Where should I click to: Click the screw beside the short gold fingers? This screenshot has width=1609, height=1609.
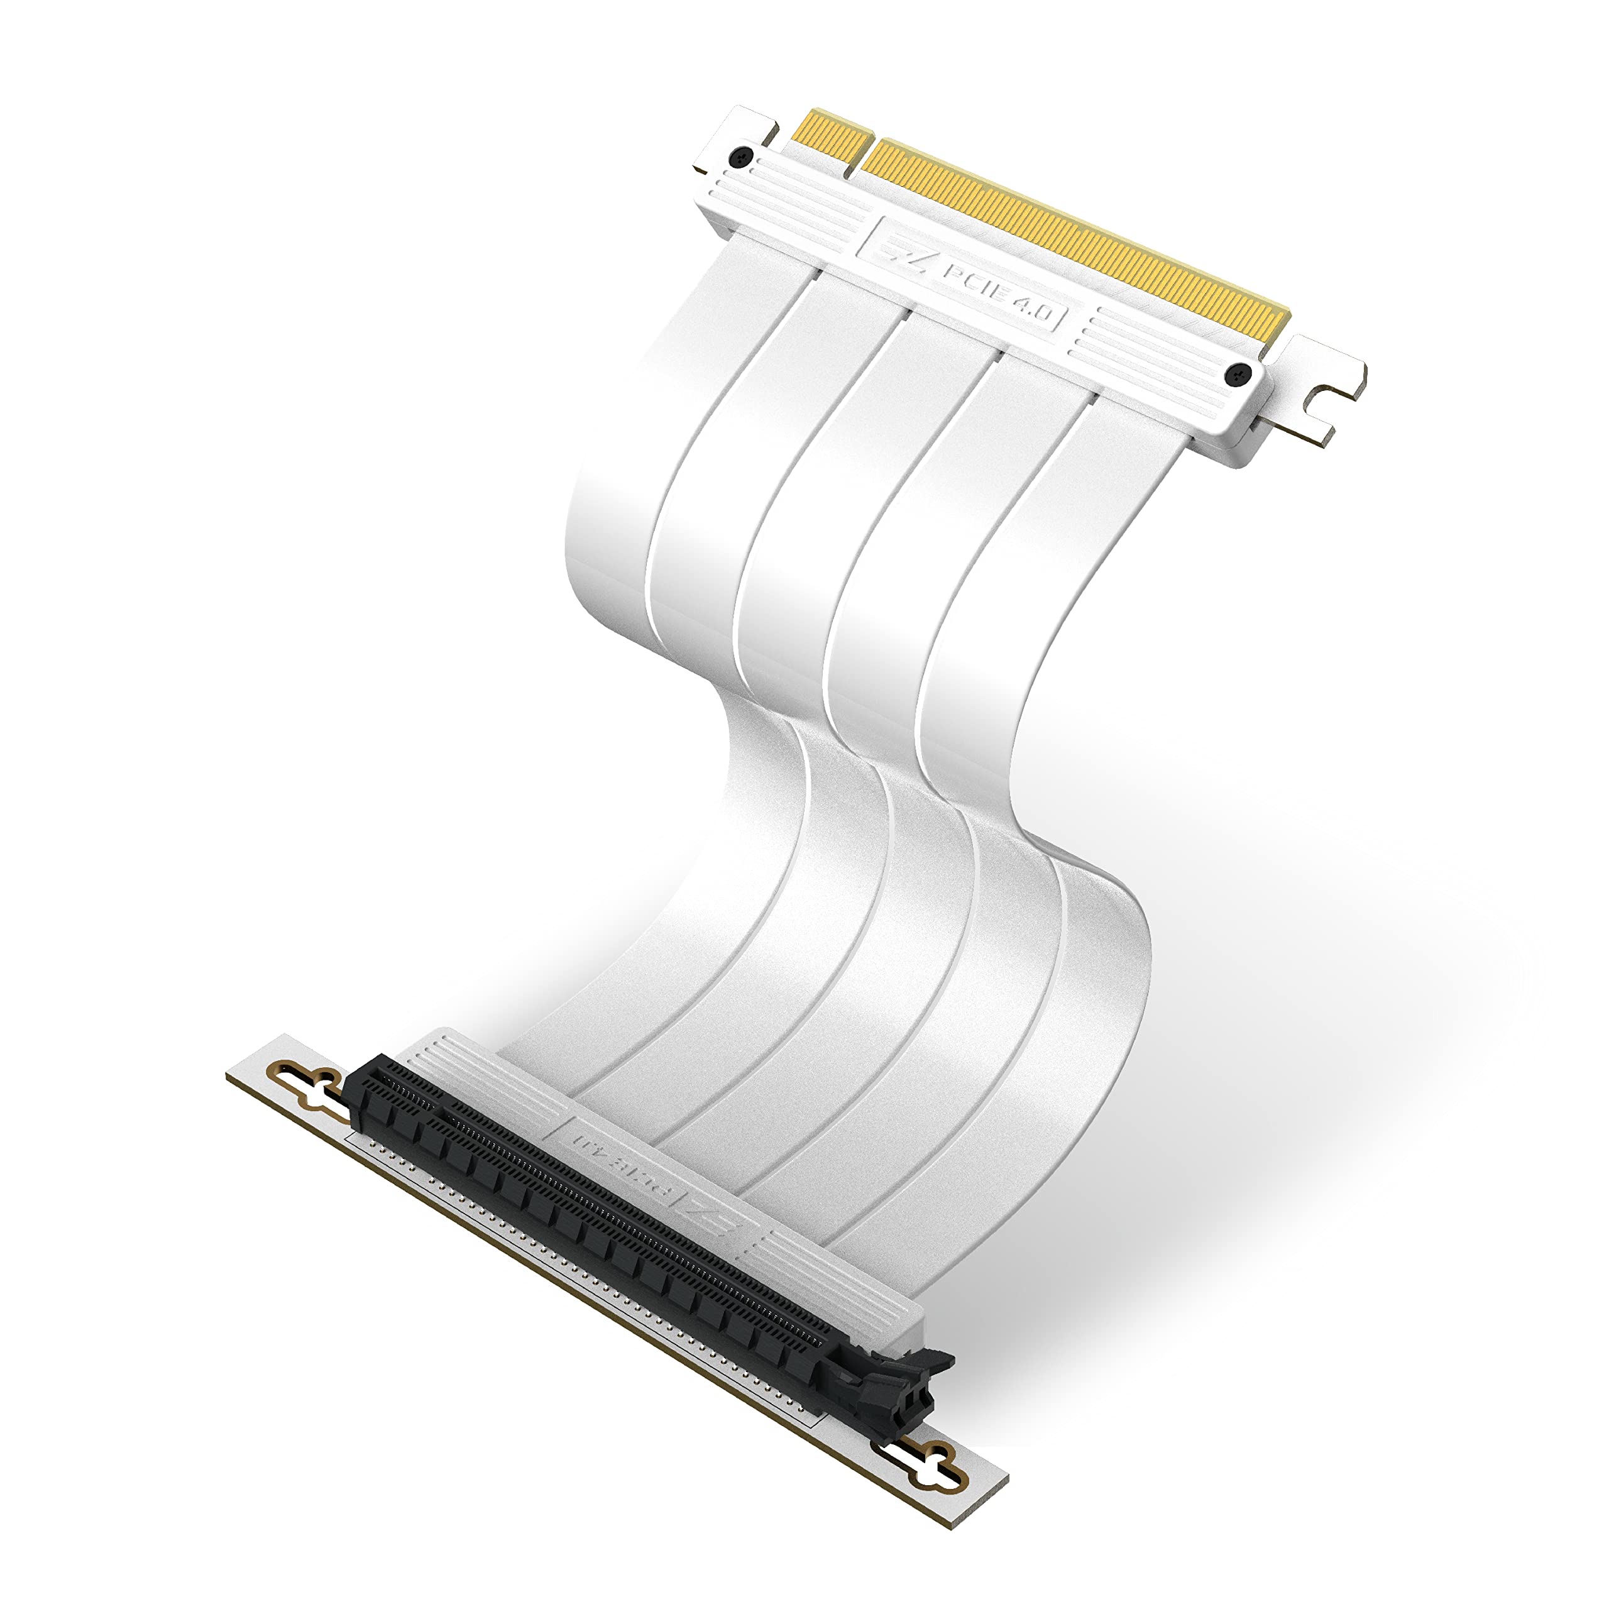740,157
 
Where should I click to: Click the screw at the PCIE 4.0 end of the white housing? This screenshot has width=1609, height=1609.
1238,376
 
